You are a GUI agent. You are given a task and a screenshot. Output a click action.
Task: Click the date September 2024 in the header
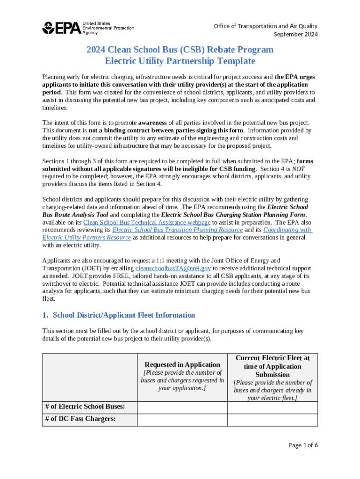295,35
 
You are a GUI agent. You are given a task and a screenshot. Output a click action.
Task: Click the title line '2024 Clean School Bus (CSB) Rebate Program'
180,50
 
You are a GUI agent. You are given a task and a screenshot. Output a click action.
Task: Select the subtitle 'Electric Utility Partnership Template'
180,61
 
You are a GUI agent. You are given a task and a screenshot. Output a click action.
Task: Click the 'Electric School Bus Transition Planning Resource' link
178,230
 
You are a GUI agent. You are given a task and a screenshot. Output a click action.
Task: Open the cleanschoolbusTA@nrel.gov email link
173,268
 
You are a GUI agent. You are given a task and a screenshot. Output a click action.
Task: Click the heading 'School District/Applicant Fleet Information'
124,315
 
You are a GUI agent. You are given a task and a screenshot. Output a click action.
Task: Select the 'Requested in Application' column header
182,364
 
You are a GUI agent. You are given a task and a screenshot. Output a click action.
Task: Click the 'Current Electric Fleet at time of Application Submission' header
273,366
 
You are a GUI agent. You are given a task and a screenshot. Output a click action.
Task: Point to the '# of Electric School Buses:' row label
85,407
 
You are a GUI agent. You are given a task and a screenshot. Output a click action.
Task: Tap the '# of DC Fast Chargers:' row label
80,419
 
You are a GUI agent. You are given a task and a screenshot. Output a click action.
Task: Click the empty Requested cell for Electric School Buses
182,407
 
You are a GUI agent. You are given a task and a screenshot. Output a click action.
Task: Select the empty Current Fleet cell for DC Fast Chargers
273,420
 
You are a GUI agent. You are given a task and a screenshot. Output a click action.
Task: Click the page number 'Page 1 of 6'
303,445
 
